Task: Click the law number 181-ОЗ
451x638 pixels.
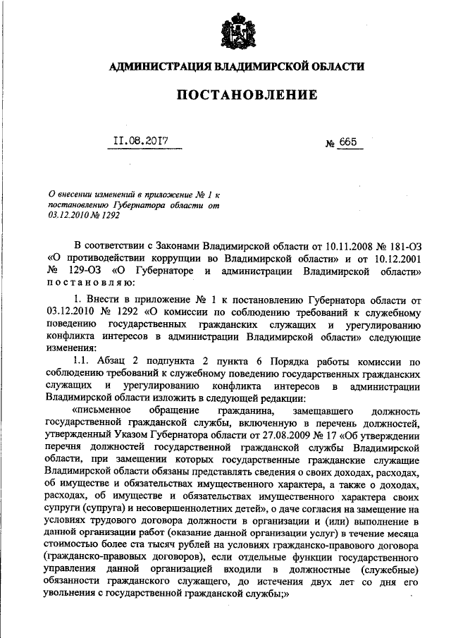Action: (x=401, y=246)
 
